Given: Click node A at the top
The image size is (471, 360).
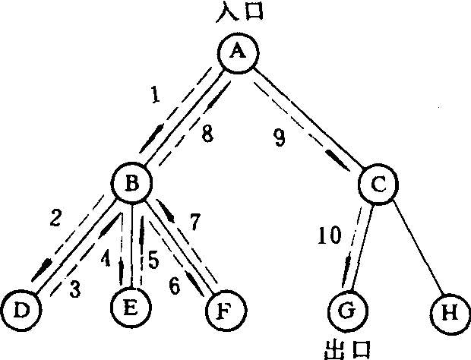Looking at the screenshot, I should tap(239, 52).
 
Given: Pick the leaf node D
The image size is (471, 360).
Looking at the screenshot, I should tap(21, 310).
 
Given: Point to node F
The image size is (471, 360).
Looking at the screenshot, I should tap(226, 310).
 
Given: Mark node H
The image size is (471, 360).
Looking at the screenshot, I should tap(449, 311).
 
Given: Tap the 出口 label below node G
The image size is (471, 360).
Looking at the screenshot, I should tap(348, 349).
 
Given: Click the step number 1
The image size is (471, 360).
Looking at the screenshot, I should tap(156, 96).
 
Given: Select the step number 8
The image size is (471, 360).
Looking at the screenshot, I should tap(206, 135).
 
